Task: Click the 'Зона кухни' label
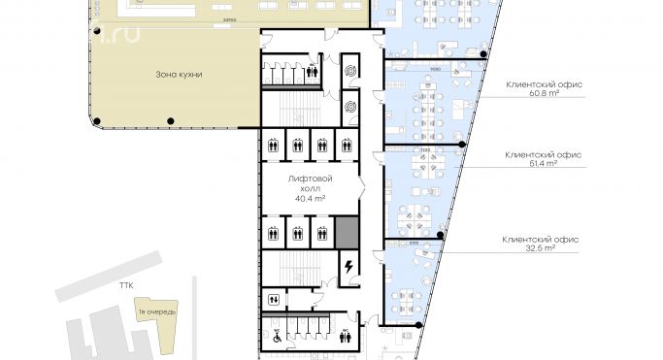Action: tap(184, 74)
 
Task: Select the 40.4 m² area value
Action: tap(310, 197)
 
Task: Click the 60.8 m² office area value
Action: tap(544, 95)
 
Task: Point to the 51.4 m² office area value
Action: tap(544, 164)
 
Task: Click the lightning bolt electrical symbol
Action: tap(347, 265)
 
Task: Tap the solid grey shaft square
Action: tap(347, 233)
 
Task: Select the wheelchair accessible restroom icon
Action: tap(276, 338)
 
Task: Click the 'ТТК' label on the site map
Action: tap(125, 287)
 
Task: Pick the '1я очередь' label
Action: tap(154, 311)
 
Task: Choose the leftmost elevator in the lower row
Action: tap(275, 233)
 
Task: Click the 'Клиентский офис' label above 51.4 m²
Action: tap(544, 153)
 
